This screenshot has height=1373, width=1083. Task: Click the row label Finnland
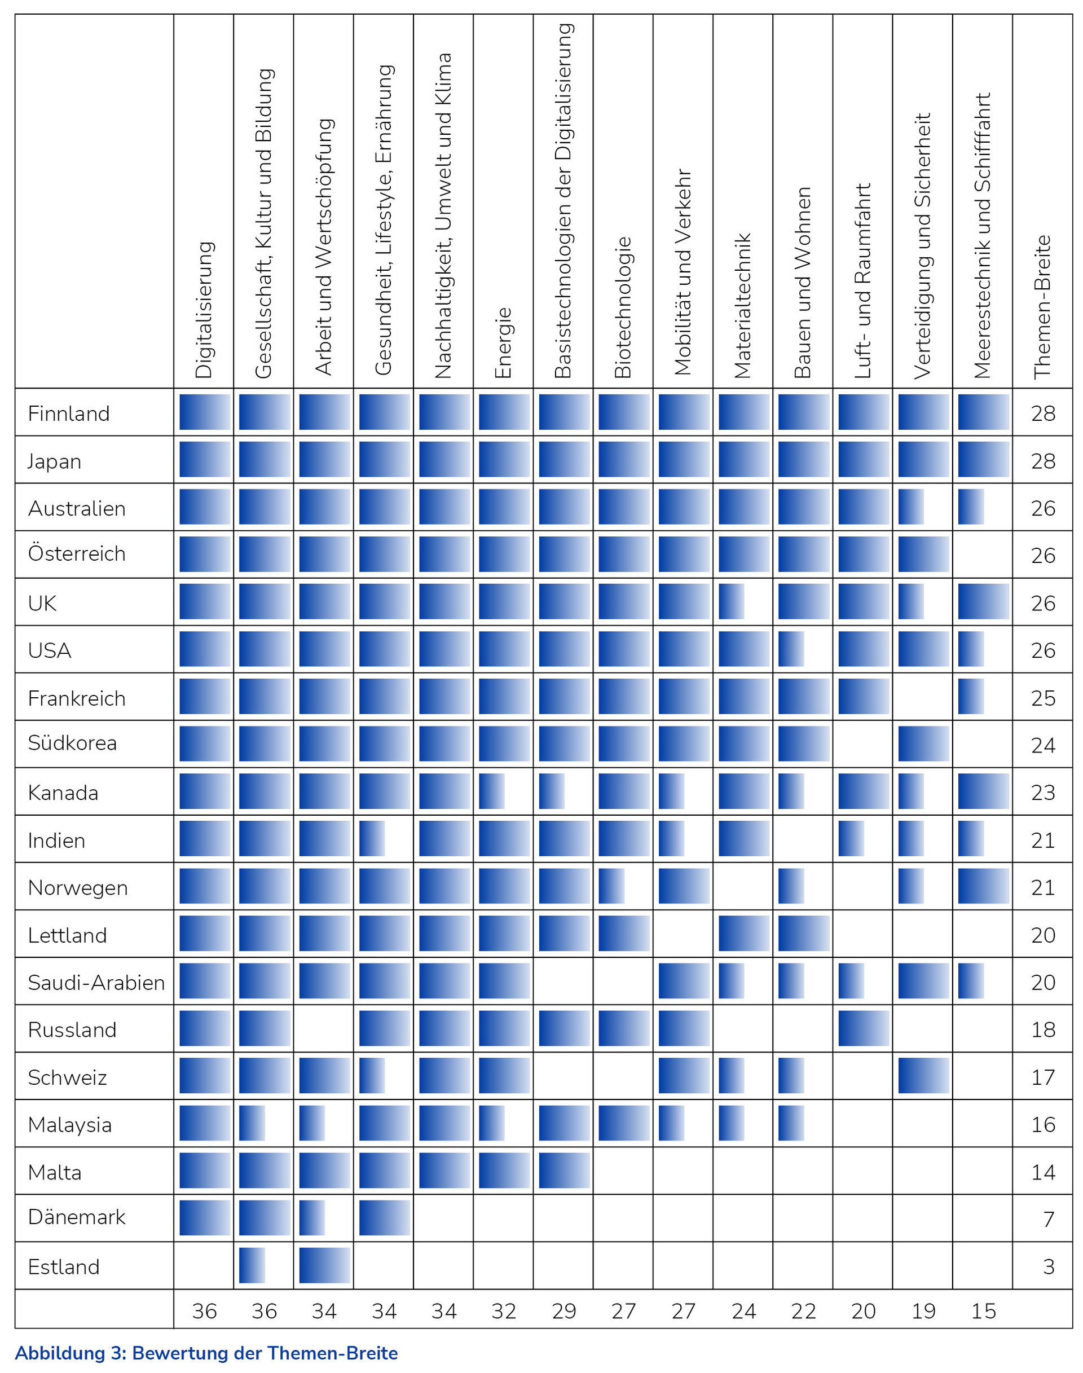(x=68, y=413)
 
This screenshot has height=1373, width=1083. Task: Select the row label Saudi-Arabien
(x=96, y=982)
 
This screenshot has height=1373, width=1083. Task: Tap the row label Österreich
(x=76, y=553)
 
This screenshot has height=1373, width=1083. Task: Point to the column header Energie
(x=503, y=342)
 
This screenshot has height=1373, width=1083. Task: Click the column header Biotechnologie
(x=623, y=307)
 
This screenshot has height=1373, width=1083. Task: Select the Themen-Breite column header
(x=1042, y=307)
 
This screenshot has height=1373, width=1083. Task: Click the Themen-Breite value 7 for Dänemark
(x=1049, y=1219)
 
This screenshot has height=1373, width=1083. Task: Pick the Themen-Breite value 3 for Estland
(x=1049, y=1266)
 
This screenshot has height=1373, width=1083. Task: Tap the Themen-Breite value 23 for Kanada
(x=1043, y=792)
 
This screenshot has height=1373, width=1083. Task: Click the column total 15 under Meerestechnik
(x=984, y=1310)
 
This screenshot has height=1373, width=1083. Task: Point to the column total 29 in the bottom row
(x=563, y=1310)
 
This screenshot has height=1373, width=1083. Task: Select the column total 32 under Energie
(x=504, y=1310)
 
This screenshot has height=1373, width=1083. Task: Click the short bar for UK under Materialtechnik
(x=731, y=602)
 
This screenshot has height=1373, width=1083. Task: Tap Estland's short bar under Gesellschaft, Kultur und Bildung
(x=252, y=1266)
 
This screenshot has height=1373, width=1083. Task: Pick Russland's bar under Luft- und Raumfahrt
(x=863, y=1029)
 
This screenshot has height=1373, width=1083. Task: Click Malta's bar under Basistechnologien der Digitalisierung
(x=563, y=1170)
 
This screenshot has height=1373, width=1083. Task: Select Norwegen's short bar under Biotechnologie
(x=611, y=887)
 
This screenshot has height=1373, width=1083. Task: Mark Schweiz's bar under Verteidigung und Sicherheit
(x=923, y=1076)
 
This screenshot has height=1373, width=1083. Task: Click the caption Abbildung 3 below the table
(x=206, y=1353)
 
